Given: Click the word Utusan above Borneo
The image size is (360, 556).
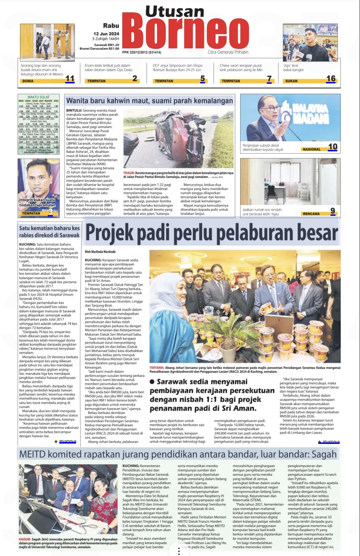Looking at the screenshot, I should click(175, 12).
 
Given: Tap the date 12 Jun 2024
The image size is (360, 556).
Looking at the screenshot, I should click(106, 34).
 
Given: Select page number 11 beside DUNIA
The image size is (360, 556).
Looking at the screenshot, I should click(70, 79).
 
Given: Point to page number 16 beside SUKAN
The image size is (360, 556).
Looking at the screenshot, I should click(331, 79).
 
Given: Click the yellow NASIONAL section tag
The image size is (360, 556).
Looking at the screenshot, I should click(311, 149).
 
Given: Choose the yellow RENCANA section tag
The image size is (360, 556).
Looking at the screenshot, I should click(311, 214).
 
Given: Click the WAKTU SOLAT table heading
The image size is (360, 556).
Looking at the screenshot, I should click(39, 97).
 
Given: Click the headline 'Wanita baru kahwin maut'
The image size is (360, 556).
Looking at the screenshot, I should click(149, 101).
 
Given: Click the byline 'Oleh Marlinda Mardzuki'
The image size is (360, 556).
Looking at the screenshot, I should click(100, 252).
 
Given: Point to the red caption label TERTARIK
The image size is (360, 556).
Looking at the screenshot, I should click(157, 368).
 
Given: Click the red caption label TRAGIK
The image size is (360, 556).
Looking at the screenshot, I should click(129, 173).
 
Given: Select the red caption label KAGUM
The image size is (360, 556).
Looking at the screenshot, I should click(25, 540).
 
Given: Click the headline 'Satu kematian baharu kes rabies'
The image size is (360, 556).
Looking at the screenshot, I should click(49, 232).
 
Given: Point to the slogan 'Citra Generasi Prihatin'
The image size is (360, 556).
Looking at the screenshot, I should click(228, 52).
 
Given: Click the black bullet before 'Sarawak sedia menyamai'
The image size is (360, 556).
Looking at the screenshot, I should click(152, 382).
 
